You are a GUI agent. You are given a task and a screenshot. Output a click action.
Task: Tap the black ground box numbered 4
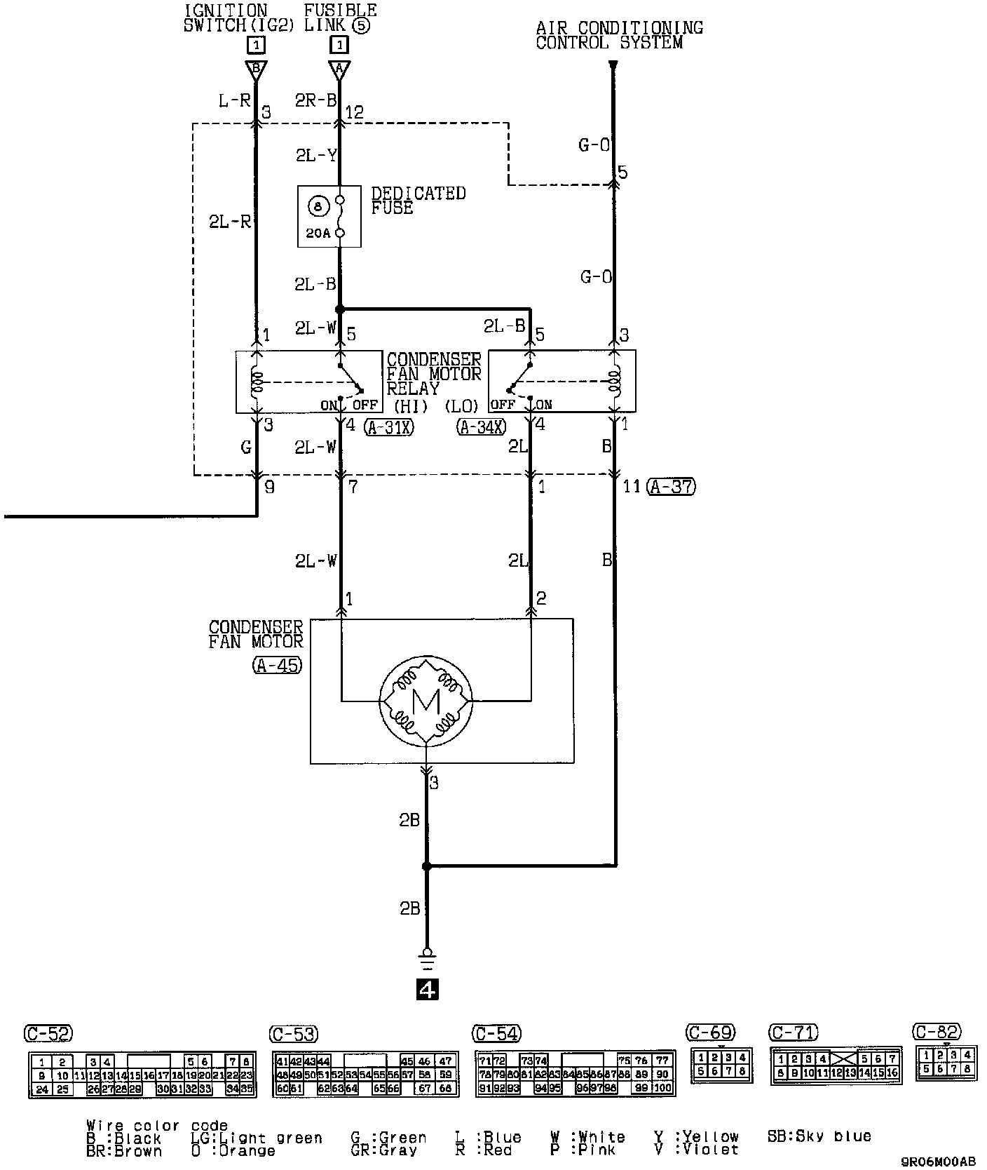coord(427,989)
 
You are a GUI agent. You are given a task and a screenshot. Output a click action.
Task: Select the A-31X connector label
coord(389,426)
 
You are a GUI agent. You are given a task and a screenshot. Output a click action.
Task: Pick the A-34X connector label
coord(482,426)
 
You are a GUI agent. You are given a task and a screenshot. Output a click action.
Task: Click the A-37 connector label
coord(672,486)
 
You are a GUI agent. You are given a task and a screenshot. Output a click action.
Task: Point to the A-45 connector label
coord(278,665)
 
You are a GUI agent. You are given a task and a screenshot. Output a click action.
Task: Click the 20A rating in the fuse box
coord(318,233)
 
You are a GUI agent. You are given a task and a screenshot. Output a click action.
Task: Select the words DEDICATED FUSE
coord(418,200)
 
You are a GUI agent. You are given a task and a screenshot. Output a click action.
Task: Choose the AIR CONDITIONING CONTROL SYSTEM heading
coord(619,35)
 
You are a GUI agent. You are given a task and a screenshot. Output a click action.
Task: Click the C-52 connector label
coord(48,1033)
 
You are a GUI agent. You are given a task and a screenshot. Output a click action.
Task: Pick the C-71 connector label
coord(794,1033)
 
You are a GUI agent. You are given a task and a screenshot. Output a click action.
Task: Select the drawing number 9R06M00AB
coord(938,1161)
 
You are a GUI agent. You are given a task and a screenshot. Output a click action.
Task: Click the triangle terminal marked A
coord(339,69)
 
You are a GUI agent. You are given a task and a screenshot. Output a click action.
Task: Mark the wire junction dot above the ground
coord(426,867)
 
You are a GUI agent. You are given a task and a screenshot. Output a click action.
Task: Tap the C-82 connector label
coord(937,1031)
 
